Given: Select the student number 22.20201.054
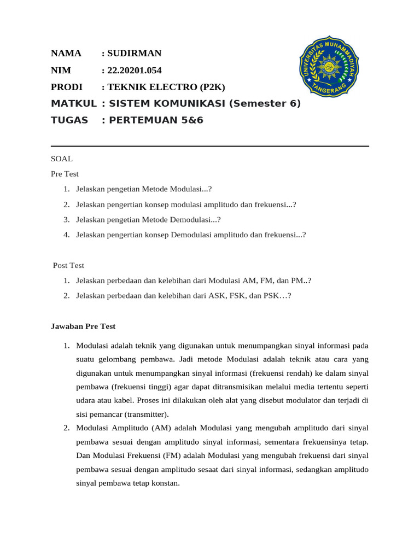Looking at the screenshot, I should pyautogui.click(x=135, y=71).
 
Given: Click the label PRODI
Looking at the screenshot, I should pyautogui.click(x=66, y=87).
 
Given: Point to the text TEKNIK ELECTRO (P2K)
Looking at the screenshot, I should pyautogui.click(x=166, y=87).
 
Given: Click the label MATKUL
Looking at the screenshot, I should pyautogui.click(x=73, y=103).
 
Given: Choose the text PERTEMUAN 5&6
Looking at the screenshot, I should pyautogui.click(x=156, y=120).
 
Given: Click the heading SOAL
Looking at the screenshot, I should pyautogui.click(x=61, y=159).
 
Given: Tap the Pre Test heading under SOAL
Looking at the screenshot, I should pyautogui.click(x=65, y=174).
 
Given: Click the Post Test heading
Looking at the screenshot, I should pyautogui.click(x=68, y=265).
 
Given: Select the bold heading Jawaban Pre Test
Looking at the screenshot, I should pyautogui.click(x=83, y=326).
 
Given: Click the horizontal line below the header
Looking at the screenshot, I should pyautogui.click(x=210, y=146).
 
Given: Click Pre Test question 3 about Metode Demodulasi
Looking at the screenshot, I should pyautogui.click(x=148, y=219).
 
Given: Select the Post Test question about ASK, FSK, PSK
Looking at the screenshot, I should pyautogui.click(x=184, y=295).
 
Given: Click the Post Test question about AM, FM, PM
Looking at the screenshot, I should pyautogui.click(x=194, y=281).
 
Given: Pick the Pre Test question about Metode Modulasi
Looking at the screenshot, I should pyautogui.click(x=144, y=189).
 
